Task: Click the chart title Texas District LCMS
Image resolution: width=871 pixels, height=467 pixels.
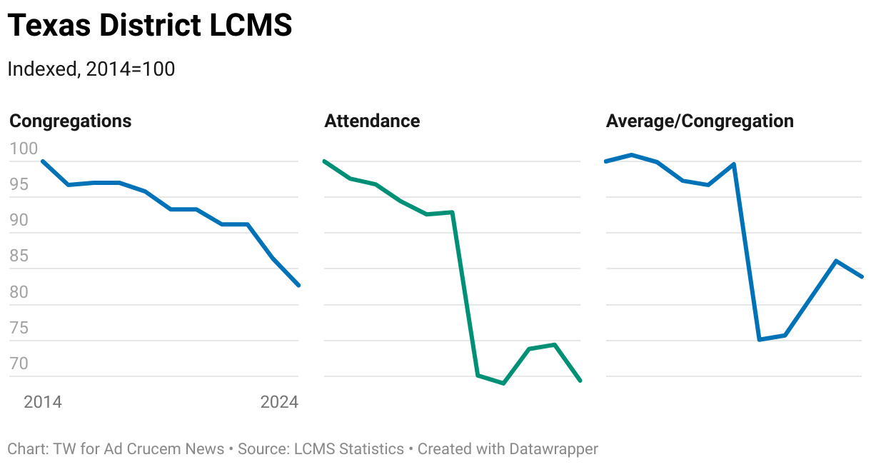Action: tap(150, 26)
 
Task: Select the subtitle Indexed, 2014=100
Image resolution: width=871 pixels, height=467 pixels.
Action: tap(91, 69)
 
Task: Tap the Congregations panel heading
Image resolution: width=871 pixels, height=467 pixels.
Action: tap(71, 121)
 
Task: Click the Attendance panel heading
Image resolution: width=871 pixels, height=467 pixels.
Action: tap(372, 121)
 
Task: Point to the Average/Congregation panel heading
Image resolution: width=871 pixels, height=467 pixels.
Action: tap(700, 121)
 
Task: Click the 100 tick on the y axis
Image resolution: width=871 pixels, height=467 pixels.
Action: tap(24, 149)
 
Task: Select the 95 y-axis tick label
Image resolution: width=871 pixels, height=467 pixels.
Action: tap(19, 185)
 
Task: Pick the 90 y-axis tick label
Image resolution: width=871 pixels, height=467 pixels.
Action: tap(19, 221)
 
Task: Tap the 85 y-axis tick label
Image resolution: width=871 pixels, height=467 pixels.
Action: tap(19, 256)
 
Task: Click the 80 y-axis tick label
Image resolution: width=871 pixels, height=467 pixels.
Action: tap(19, 293)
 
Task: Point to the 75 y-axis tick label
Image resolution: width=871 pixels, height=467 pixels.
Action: tap(19, 328)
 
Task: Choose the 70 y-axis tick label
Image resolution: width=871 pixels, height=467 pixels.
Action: tap(19, 364)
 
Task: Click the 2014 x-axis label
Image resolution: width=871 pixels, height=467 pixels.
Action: tap(43, 403)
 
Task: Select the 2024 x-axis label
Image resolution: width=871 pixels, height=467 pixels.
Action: tap(279, 403)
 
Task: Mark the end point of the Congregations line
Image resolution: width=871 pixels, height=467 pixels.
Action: tap(298, 285)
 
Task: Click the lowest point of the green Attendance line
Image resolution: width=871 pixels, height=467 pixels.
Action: tap(504, 383)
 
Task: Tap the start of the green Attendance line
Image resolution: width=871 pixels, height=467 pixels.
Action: tap(324, 161)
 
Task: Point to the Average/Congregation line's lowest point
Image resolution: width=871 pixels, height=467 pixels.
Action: tap(760, 339)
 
